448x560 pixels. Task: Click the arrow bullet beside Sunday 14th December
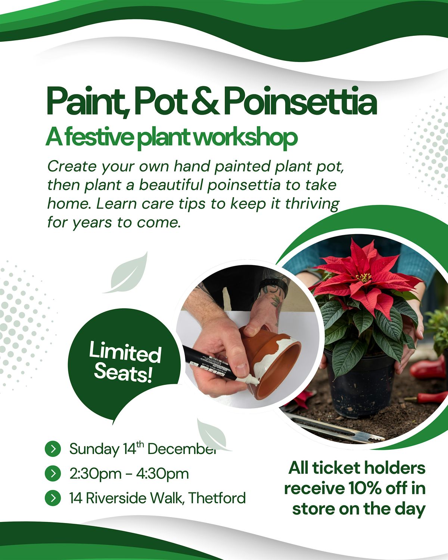pyautogui.click(x=53, y=448)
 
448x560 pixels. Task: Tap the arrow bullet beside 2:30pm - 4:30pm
pyautogui.click(x=53, y=473)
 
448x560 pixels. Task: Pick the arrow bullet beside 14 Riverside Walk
pyautogui.click(x=53, y=498)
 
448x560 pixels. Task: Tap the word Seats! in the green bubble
pyautogui.click(x=123, y=372)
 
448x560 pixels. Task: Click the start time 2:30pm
pyautogui.click(x=93, y=474)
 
